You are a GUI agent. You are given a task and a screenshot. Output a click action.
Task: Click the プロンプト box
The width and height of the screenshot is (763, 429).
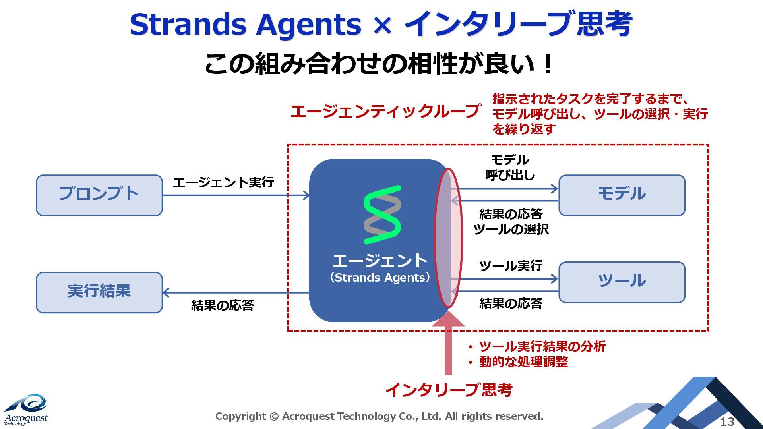coord(99,195)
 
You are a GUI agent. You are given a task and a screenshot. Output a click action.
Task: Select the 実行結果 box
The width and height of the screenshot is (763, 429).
coord(99,292)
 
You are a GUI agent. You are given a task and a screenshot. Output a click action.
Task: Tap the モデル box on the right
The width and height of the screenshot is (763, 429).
coord(622,195)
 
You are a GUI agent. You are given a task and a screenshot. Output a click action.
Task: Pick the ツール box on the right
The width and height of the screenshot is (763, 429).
coord(622,282)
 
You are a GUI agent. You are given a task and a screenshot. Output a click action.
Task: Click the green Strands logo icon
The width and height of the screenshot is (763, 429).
coord(382,215)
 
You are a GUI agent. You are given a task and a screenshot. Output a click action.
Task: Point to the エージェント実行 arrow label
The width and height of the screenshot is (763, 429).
coord(223,182)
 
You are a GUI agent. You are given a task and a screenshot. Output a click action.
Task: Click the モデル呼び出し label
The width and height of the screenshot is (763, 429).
coord(510,167)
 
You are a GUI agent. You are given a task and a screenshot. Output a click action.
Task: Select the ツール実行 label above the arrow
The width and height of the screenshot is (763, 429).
coord(511,265)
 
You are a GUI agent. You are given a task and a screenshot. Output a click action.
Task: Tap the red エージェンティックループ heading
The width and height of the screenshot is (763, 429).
coord(385,111)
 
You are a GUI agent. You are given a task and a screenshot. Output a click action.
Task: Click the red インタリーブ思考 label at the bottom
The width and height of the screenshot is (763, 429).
coord(449,390)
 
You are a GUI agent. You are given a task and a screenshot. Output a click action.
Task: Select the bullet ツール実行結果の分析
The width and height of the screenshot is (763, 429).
coord(542,346)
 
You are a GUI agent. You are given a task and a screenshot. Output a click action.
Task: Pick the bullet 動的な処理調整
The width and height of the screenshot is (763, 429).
coord(523,362)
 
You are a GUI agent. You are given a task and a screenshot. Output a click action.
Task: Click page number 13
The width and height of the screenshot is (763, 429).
coord(727,421)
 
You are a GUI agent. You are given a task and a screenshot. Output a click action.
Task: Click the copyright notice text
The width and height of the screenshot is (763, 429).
coord(379,416)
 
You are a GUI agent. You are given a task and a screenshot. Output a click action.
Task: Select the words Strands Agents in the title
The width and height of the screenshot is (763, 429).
coord(245,25)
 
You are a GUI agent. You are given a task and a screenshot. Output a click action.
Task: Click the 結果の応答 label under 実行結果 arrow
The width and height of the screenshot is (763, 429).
coord(223,305)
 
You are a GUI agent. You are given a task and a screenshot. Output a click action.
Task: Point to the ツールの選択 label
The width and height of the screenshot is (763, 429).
coord(511,229)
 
